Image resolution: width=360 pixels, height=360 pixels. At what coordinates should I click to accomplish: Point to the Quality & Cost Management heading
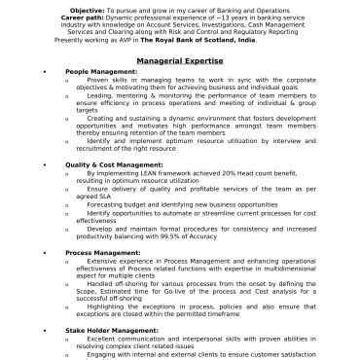pyautogui.click(x=115, y=165)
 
